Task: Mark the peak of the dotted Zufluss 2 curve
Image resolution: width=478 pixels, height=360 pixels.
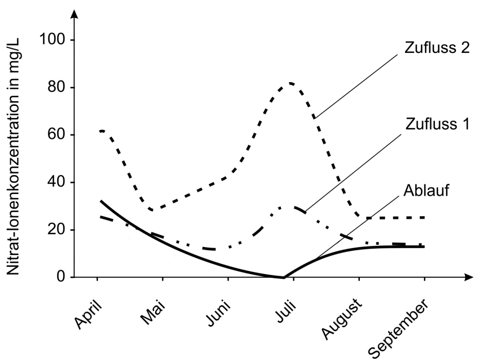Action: point(291,83)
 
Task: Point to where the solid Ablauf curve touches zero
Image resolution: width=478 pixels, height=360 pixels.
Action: point(282,277)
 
